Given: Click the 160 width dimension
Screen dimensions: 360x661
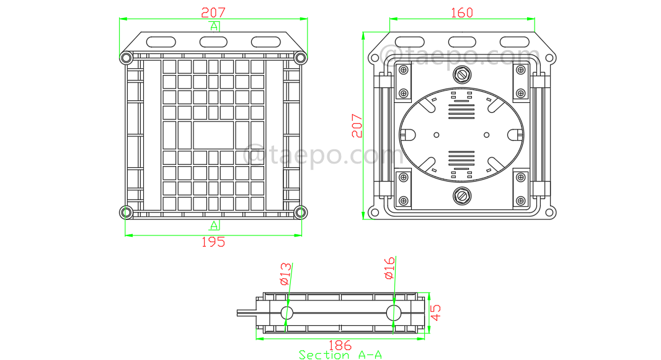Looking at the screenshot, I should tap(462, 12).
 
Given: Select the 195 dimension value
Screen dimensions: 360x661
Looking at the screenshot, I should tap(213, 242).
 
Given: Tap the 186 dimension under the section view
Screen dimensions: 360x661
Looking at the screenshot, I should tap(340, 345).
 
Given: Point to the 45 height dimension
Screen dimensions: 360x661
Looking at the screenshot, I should tap(437, 312).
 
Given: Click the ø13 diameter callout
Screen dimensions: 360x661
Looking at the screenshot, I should tap(286, 273).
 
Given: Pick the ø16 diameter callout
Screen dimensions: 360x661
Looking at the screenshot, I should tap(390, 268).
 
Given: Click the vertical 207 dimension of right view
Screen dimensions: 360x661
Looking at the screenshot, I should tap(356, 125).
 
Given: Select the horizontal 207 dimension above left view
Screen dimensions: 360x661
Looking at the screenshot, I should tap(213, 12).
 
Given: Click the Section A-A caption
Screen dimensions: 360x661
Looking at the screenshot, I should tap(340, 355).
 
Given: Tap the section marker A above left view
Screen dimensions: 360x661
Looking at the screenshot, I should tap(214, 26).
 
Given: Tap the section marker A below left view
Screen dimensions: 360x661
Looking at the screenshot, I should tap(214, 224).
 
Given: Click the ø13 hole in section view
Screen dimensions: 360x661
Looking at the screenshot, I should tap(286, 312).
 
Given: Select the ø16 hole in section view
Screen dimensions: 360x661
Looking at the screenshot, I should tap(393, 312).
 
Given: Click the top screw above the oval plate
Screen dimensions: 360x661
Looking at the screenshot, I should tap(462, 75).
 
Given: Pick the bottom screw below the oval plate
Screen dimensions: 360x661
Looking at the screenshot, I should tap(462, 195).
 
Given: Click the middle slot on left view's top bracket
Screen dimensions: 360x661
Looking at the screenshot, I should tap(213, 42).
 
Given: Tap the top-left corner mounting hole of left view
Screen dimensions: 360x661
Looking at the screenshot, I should tap(126, 58).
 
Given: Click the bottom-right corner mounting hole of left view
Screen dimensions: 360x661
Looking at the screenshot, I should tap(300, 213).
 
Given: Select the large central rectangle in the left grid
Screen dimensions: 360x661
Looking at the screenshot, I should tap(213, 134).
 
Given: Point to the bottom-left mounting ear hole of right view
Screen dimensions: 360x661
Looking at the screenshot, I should tap(373, 212).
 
